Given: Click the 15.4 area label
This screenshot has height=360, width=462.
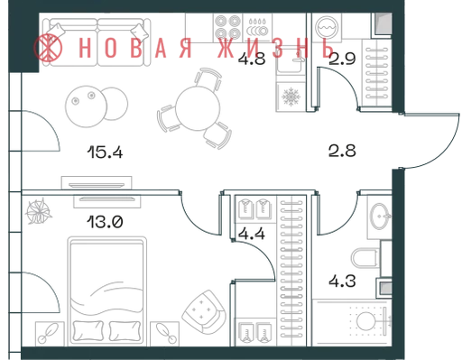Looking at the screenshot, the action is [105, 152].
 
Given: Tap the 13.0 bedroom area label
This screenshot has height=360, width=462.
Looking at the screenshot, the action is [105, 223].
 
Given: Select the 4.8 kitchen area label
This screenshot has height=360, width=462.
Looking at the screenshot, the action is [252, 59].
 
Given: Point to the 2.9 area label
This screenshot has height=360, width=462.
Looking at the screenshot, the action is [342, 59].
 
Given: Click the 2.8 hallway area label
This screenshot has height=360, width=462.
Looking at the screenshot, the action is [342, 151].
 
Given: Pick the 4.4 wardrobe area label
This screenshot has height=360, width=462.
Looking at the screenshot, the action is [252, 234].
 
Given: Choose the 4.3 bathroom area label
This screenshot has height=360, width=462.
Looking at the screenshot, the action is [342, 282].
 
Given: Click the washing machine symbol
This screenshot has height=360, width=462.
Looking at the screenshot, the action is [327, 28].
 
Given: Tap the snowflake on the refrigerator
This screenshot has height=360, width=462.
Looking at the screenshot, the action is [291, 97].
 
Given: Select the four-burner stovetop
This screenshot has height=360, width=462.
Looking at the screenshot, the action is [227, 29].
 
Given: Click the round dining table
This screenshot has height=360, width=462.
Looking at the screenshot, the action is [198, 108].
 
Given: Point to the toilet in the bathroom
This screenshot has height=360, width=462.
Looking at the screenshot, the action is [365, 258].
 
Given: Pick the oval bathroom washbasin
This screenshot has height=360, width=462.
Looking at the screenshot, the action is [380, 216].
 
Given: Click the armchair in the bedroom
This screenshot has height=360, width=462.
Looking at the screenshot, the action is [204, 312].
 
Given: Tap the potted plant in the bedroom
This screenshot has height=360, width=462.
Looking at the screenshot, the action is [39, 211].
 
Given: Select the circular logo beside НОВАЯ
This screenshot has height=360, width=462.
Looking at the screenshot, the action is [48, 48].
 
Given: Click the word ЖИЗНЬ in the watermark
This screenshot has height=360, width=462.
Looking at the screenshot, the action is [275, 48].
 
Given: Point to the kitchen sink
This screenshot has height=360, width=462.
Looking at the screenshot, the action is [291, 61].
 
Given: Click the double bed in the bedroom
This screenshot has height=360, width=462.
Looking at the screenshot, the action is [107, 291].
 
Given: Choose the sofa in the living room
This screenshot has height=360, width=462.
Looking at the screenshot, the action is [97, 42].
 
